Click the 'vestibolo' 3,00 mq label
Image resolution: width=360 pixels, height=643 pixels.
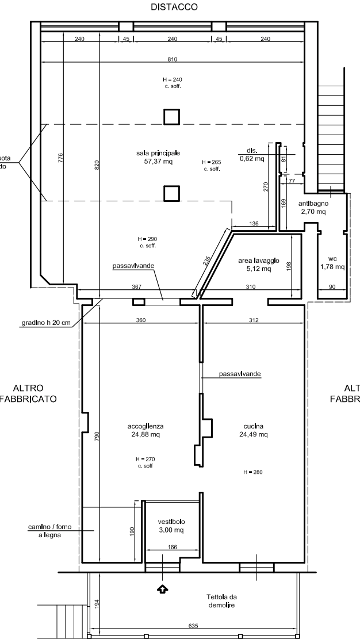pyautogui.click(x=171, y=525)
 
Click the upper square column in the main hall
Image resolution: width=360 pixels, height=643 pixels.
pyautogui.click(x=171, y=117)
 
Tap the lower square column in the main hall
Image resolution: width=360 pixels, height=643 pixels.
pyautogui.click(x=171, y=193)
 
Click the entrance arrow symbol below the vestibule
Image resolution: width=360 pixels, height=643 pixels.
pyautogui.click(x=163, y=588)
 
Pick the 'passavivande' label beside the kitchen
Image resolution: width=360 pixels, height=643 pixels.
pyautogui.click(x=239, y=374)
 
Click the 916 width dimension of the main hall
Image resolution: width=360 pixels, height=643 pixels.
pyautogui.click(x=172, y=59)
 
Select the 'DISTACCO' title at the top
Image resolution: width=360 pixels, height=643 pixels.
pyautogui.click(x=172, y=7)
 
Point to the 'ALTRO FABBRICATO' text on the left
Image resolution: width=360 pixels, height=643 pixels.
pyautogui.click(x=29, y=393)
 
